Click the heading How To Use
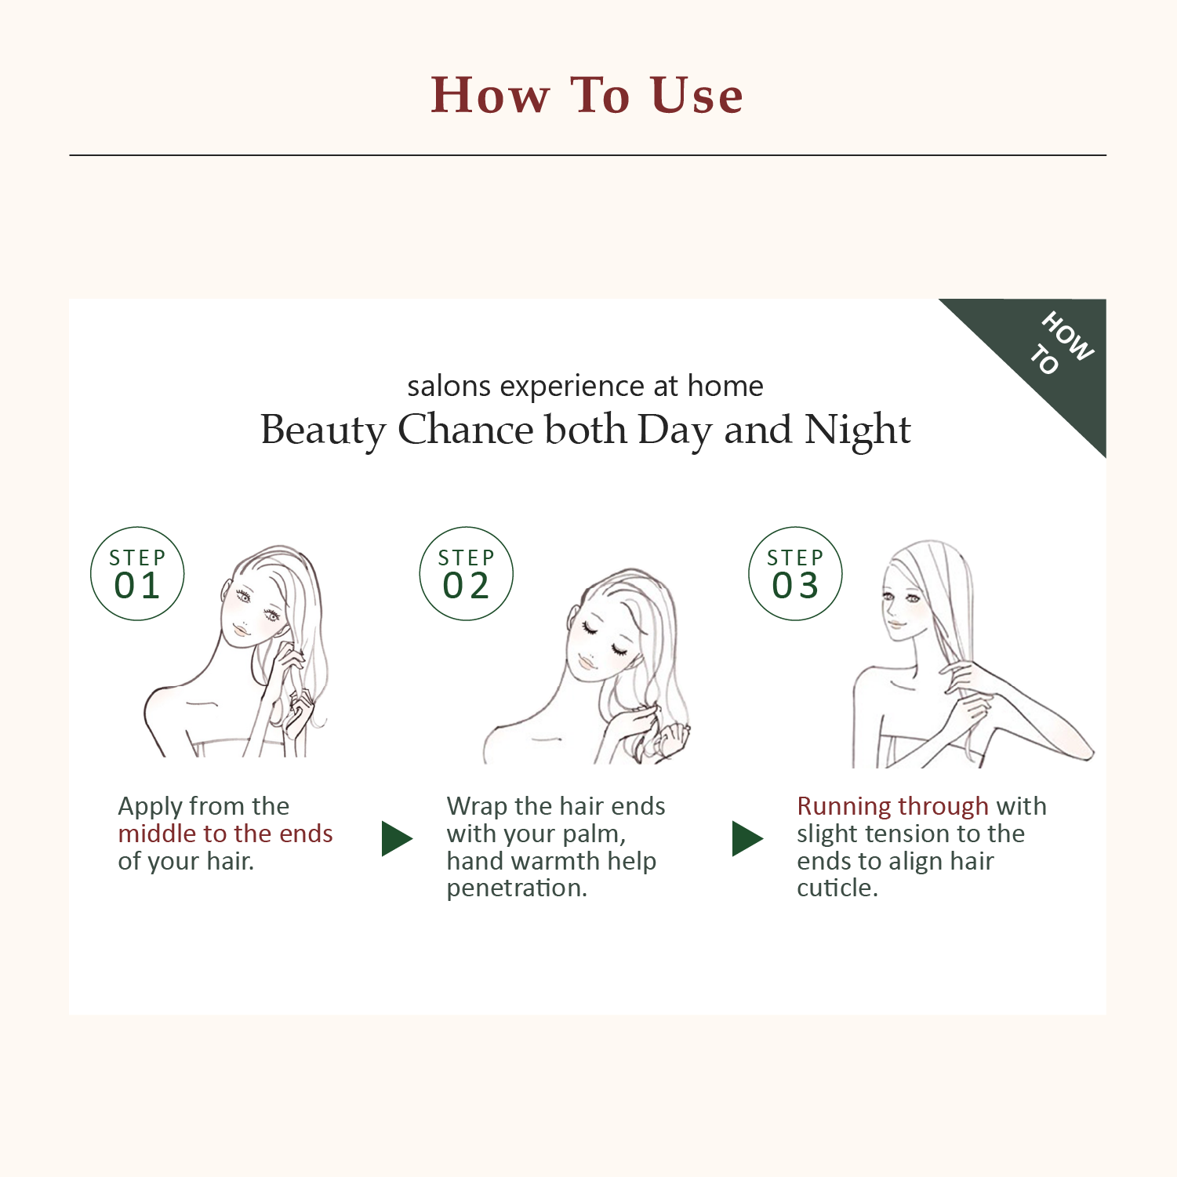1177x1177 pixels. click(587, 96)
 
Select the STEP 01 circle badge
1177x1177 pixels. click(137, 574)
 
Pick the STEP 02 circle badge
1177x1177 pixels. click(466, 574)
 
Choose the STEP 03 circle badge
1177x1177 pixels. click(795, 574)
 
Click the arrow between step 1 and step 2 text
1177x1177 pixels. click(396, 839)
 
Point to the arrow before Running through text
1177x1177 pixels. click(747, 839)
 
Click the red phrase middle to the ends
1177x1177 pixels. click(225, 834)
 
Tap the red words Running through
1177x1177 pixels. click(892, 806)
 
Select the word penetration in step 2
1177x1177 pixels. click(515, 888)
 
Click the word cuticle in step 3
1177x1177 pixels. click(836, 888)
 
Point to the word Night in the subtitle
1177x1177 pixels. click(858, 430)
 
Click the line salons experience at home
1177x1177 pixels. click(585, 386)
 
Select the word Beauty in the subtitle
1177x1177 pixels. click(323, 430)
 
